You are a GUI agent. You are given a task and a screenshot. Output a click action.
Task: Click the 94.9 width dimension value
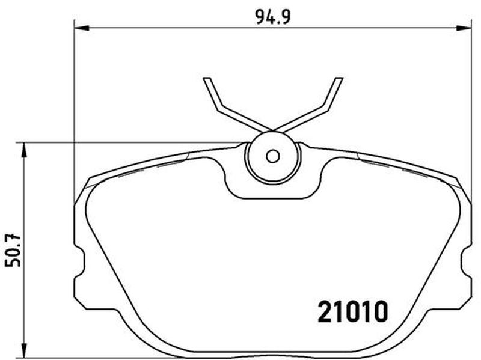tap(273, 17)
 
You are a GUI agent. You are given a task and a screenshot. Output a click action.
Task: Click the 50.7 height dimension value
tap(13, 251)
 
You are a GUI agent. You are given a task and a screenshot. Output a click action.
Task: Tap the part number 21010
tap(353, 311)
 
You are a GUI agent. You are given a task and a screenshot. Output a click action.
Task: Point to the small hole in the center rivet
tap(273, 156)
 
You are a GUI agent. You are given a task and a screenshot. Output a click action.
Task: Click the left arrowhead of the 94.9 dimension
tap(82, 28)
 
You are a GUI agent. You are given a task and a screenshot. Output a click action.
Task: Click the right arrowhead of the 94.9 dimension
tap(464, 28)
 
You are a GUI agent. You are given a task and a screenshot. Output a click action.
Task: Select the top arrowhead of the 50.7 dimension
tap(23, 150)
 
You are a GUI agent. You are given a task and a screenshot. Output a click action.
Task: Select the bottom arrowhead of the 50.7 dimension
tap(23, 350)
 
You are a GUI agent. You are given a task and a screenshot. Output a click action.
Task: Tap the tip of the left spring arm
tap(207, 79)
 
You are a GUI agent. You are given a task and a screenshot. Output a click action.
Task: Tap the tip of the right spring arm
tap(339, 79)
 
